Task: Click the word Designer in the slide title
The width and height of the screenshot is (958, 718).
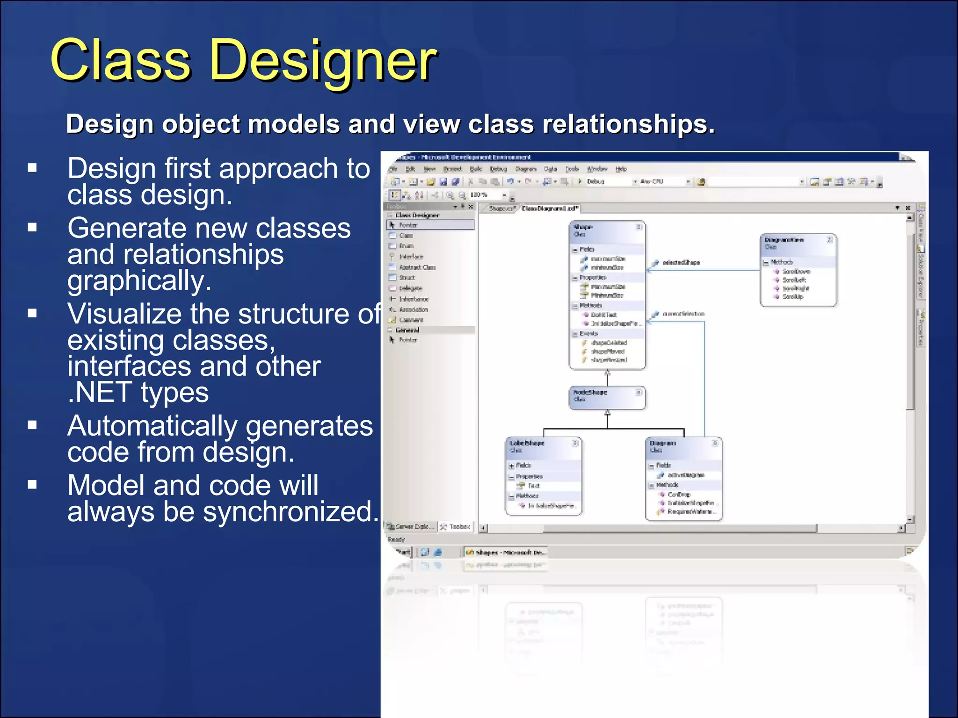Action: (x=323, y=61)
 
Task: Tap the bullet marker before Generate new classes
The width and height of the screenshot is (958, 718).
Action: (x=32, y=228)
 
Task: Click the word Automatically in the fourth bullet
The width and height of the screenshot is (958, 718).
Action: (x=152, y=426)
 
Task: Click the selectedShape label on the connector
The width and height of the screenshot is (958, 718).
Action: (x=681, y=263)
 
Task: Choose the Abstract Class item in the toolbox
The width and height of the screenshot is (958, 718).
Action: (x=417, y=267)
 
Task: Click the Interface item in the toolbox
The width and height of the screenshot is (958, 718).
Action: (x=411, y=257)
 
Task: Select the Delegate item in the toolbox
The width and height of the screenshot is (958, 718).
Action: (x=410, y=288)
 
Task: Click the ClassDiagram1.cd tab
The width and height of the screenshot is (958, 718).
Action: (x=550, y=208)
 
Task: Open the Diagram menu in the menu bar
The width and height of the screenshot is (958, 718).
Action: (x=525, y=169)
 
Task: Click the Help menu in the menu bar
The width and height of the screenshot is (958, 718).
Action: (x=621, y=169)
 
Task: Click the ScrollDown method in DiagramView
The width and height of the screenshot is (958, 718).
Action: (x=796, y=272)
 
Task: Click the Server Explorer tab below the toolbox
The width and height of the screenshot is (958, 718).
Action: (x=411, y=527)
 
